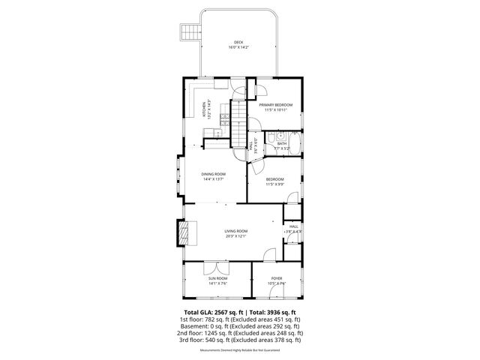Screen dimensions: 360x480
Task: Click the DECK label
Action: pyautogui.click(x=238, y=42)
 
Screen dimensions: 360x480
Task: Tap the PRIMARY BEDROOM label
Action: pyautogui.click(x=277, y=104)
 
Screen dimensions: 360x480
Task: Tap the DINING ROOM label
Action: pyautogui.click(x=214, y=174)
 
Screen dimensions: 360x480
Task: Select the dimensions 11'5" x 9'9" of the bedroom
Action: pyautogui.click(x=275, y=184)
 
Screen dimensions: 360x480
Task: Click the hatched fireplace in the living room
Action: pyautogui.click(x=184, y=232)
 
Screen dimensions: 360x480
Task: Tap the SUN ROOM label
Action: pyautogui.click(x=217, y=278)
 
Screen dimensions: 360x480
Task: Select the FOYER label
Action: pyautogui.click(x=277, y=278)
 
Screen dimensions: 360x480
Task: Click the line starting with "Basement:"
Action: pyautogui.click(x=240, y=326)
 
